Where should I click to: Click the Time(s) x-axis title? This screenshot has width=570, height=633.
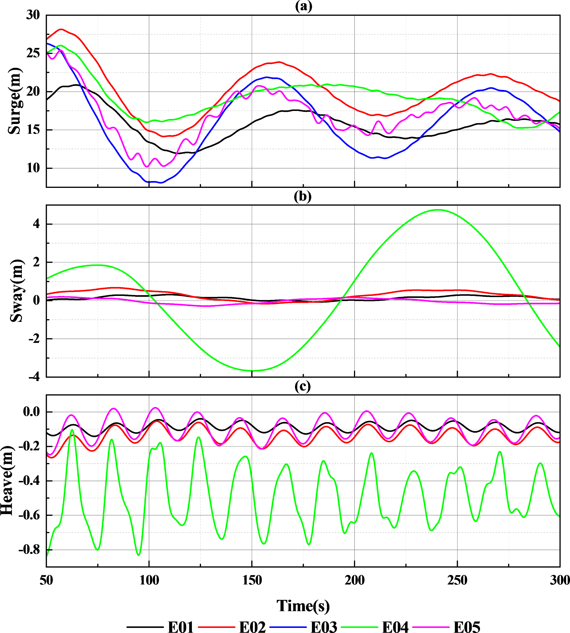click(303, 605)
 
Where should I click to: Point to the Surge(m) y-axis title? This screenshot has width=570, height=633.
click(14, 101)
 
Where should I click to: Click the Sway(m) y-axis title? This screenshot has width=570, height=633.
click(16, 291)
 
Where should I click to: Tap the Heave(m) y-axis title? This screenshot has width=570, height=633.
click(7, 481)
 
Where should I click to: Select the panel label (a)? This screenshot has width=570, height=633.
click(303, 6)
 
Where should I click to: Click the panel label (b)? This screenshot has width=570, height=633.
click(303, 196)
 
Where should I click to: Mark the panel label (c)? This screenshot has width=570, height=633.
click(303, 386)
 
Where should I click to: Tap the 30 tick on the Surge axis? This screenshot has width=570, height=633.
click(33, 15)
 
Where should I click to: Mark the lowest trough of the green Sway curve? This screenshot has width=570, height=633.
click(252, 371)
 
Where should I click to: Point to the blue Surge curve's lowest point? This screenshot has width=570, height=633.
click(161, 182)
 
